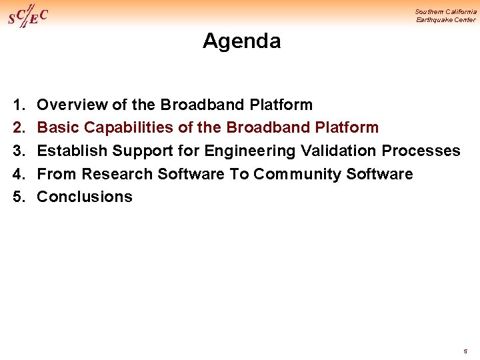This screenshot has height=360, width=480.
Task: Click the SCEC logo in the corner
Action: click(x=27, y=15)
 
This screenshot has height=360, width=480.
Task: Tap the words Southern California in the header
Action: click(x=445, y=11)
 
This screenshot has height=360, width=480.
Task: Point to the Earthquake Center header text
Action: click(x=446, y=20)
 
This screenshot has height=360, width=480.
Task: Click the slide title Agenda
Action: click(x=241, y=41)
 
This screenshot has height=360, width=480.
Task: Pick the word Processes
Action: click(x=421, y=151)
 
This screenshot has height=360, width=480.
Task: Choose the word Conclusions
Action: click(x=85, y=197)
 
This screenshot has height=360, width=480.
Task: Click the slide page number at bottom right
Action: click(x=465, y=349)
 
